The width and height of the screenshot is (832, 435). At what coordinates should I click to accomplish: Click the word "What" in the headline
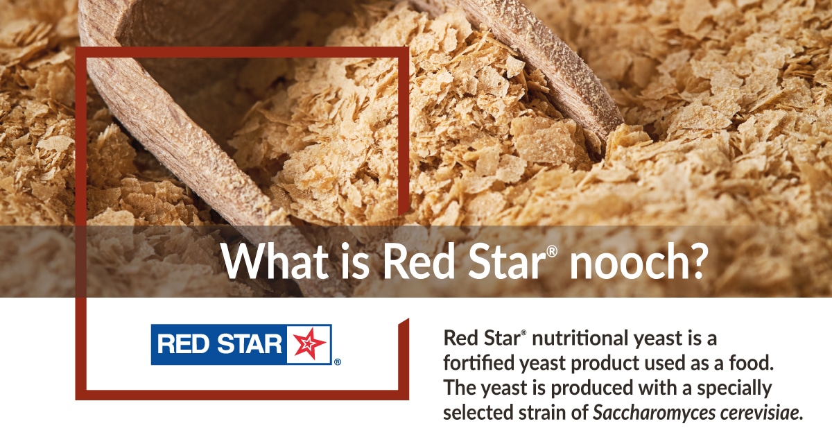(x=275, y=261)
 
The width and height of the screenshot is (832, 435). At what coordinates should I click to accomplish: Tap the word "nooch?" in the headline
(x=636, y=261)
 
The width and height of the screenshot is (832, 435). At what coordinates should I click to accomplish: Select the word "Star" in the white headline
(x=507, y=261)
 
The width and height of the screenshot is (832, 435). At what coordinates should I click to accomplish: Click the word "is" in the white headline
(x=355, y=261)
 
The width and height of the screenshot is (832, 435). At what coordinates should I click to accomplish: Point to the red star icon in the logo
(x=309, y=344)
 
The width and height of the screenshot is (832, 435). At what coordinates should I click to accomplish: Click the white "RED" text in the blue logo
(x=184, y=344)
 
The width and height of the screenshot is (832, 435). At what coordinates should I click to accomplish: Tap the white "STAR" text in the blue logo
(x=249, y=344)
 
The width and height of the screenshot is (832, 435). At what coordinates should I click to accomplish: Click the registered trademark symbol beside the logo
(x=337, y=361)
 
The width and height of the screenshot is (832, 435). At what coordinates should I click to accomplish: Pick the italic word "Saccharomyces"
(x=654, y=413)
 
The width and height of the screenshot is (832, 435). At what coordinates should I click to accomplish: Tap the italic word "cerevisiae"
(x=761, y=413)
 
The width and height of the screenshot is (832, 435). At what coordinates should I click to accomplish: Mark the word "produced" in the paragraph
(x=592, y=388)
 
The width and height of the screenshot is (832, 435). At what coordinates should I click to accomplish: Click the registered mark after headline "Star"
(x=552, y=252)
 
